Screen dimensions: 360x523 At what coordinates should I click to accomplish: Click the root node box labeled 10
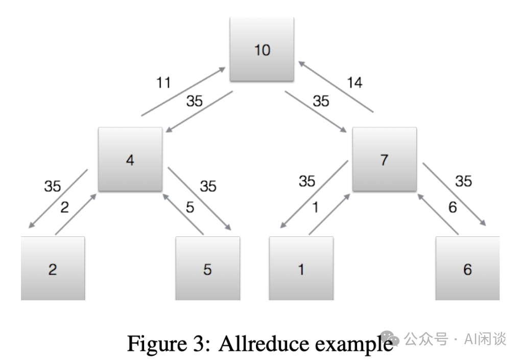click(x=261, y=49)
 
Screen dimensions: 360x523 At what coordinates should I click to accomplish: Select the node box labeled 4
click(x=130, y=159)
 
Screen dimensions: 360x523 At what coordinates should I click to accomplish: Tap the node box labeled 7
click(x=384, y=159)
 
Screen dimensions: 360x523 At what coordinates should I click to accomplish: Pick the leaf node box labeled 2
click(x=53, y=269)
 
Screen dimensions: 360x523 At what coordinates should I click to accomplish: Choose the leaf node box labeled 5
click(x=207, y=269)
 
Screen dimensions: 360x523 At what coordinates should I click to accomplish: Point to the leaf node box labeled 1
click(x=301, y=269)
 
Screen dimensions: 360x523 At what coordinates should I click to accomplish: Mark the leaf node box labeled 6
click(x=467, y=269)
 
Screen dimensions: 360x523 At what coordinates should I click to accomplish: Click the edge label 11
click(x=163, y=82)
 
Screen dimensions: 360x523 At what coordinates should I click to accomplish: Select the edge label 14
click(x=354, y=82)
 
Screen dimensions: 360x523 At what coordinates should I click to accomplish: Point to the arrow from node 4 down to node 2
click(x=58, y=199)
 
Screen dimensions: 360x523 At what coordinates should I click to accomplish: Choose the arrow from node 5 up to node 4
click(x=182, y=213)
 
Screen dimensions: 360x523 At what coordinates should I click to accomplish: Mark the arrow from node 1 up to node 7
click(x=330, y=214)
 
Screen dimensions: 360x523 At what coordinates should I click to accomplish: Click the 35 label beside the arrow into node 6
click(x=463, y=181)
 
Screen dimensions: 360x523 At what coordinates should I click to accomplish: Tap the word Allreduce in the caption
click(x=264, y=343)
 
